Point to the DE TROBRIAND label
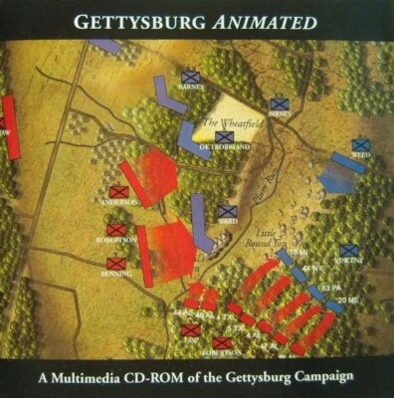[223, 147]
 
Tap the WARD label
[228, 222]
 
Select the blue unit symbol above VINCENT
[349, 252]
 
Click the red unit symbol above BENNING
[116, 263]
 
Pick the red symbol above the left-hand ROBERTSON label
[117, 228]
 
